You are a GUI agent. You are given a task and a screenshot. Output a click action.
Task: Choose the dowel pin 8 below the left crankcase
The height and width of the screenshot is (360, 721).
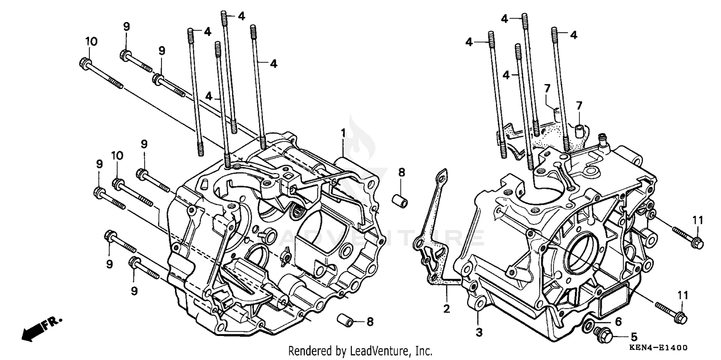coord(347,319)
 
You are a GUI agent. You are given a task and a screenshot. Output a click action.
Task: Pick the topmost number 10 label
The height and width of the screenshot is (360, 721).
coord(91,42)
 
